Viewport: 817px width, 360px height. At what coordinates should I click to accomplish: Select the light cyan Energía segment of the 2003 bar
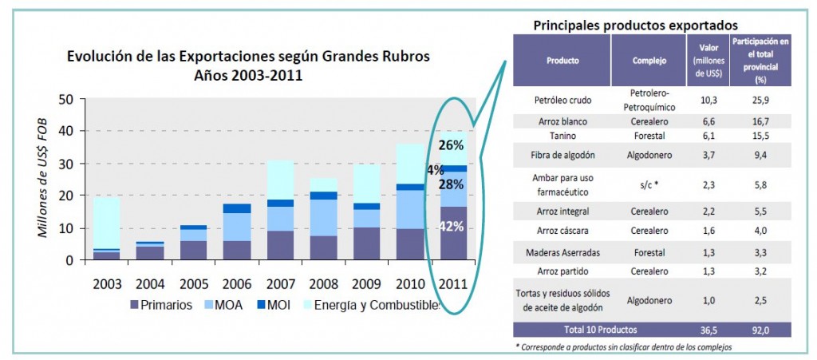tap(108, 223)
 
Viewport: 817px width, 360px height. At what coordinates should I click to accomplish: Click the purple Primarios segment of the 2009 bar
tap(366, 243)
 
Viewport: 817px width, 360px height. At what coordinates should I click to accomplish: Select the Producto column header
tap(562, 61)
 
